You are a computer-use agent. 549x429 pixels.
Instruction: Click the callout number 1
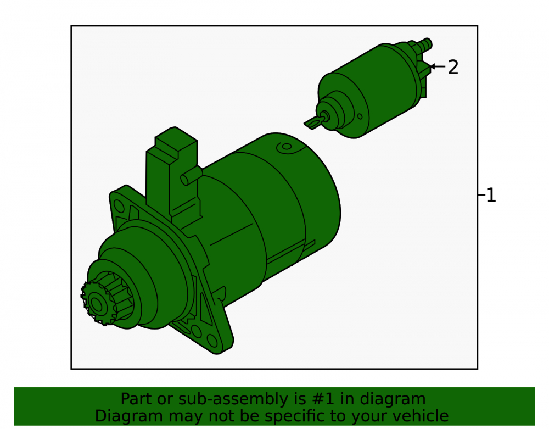tap(491, 195)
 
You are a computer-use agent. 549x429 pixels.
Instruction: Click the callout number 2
tap(453, 67)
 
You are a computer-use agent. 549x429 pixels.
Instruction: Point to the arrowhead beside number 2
tap(432, 66)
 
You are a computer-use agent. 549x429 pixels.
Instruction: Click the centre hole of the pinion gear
tap(96, 305)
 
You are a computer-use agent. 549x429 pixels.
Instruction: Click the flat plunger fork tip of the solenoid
tap(312, 123)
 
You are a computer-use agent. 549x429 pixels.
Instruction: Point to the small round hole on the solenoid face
tap(360, 116)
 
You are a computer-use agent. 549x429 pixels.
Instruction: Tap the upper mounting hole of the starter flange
tap(119, 206)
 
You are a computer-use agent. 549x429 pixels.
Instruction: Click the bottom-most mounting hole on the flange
tap(212, 341)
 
